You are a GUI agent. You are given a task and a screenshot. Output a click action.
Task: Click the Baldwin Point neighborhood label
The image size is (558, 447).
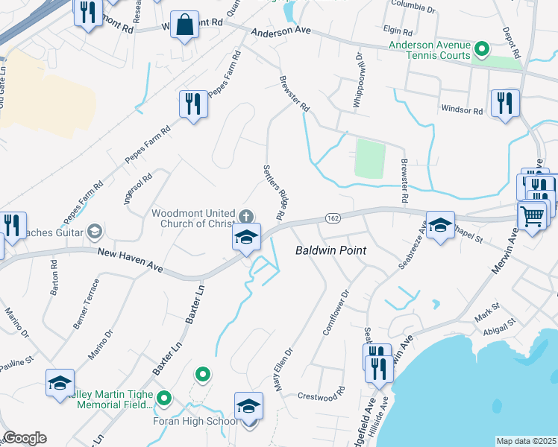pos(330,250)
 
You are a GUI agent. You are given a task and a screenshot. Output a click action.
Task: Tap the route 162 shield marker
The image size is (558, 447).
pos(333,218)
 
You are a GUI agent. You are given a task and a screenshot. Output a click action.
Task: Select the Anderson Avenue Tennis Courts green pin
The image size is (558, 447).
pos(482,51)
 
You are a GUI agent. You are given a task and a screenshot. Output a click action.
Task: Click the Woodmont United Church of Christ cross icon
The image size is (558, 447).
pos(246,216)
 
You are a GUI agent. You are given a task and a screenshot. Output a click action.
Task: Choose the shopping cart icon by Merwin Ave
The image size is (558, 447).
pos(532,217)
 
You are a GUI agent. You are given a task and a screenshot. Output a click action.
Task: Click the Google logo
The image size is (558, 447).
pos(25,438)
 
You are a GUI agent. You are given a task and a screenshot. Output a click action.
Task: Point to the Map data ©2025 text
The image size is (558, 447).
pos(526,441)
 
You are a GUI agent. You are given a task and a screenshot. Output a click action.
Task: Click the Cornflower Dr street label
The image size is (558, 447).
pos(335,312)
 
